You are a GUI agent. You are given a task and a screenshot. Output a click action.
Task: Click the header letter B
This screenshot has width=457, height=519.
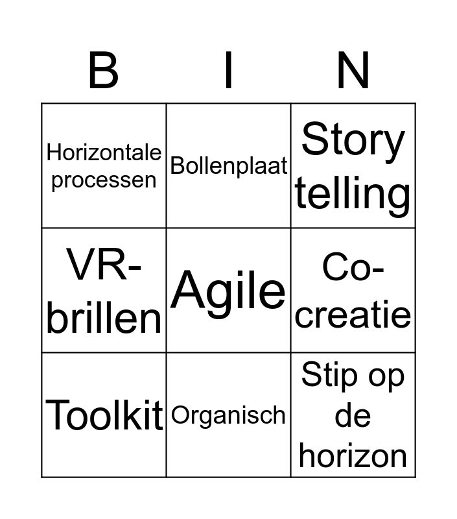(x=103, y=70)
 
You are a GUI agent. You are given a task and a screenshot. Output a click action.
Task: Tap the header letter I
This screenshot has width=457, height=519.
(x=228, y=70)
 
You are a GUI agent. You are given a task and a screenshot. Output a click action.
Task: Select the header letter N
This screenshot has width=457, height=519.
(x=353, y=70)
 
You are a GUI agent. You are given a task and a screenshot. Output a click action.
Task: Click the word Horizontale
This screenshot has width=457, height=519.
(x=104, y=152)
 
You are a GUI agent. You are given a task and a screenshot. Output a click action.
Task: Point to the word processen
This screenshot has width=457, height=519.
(x=104, y=181)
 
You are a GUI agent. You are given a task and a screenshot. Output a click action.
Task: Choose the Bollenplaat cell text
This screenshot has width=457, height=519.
(x=228, y=165)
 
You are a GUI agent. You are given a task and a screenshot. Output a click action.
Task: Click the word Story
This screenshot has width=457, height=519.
(x=353, y=141)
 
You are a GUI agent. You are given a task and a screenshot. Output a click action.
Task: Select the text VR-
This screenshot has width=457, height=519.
(x=104, y=265)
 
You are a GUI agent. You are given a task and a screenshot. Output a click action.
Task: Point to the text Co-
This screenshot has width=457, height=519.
(x=353, y=267)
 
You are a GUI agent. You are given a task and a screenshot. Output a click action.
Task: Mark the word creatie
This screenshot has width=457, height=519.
(x=353, y=313)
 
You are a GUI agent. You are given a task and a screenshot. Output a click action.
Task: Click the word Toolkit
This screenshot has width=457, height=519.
(x=104, y=415)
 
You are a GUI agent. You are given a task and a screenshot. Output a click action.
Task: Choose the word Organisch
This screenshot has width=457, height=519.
(x=228, y=416)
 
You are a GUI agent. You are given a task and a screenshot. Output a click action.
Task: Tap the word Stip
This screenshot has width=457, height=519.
(x=330, y=376)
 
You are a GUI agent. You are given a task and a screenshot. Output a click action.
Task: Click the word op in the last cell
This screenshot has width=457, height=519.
(x=386, y=378)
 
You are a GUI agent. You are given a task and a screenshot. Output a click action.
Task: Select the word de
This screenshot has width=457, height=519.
(x=353, y=416)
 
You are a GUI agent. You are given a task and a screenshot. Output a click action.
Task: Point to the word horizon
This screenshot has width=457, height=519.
(x=353, y=456)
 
